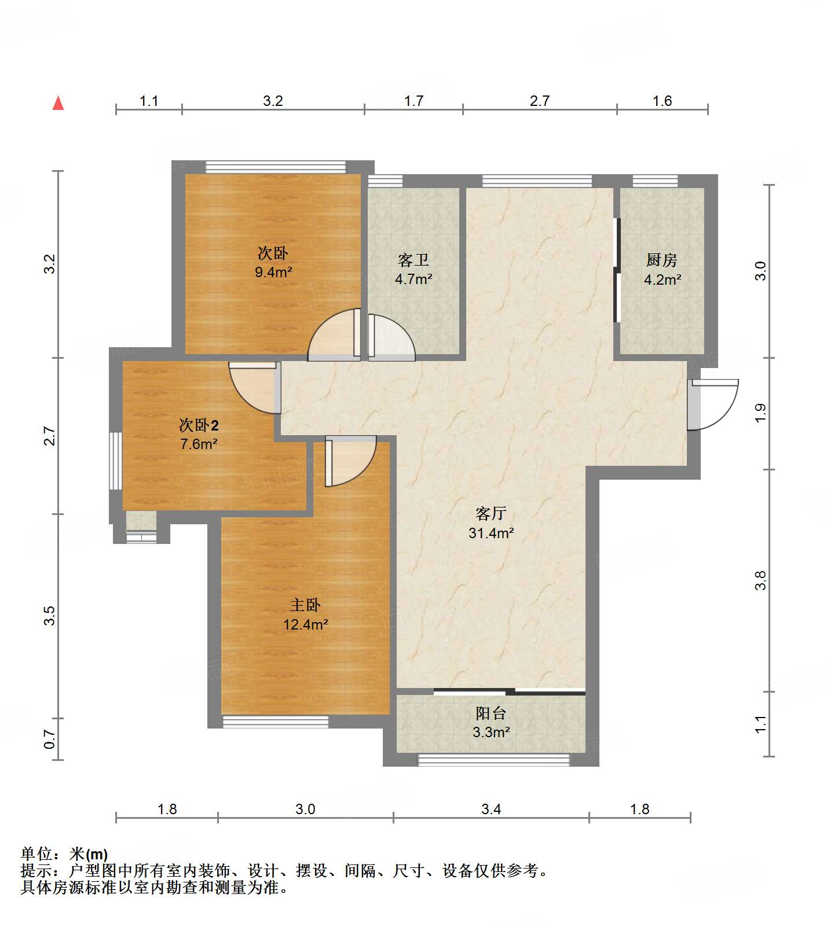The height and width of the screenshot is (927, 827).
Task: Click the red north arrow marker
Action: click(x=58, y=103)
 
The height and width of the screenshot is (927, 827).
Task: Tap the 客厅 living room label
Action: click(x=491, y=513)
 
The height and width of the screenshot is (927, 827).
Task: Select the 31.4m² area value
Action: click(x=491, y=533)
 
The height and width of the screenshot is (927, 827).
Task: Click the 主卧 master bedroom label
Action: click(x=305, y=605)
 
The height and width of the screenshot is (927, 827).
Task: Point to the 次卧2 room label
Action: click(x=199, y=425)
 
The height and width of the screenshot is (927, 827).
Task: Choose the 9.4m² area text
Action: click(x=273, y=272)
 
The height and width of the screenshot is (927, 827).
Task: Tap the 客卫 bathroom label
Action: click(x=414, y=260)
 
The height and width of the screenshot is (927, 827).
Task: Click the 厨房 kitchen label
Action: click(x=662, y=260)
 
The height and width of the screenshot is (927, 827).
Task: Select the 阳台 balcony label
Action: click(x=491, y=713)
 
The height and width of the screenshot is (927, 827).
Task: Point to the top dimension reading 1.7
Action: click(x=414, y=101)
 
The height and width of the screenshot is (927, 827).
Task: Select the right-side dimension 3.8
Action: click(x=760, y=580)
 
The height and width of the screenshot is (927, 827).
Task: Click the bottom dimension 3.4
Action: click(x=491, y=809)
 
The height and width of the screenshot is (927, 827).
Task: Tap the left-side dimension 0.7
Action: click(x=50, y=739)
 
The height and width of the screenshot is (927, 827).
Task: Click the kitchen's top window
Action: click(x=655, y=181)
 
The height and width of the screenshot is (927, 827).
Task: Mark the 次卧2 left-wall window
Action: click(x=116, y=461)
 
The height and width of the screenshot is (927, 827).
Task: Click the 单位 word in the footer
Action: click(x=36, y=854)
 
